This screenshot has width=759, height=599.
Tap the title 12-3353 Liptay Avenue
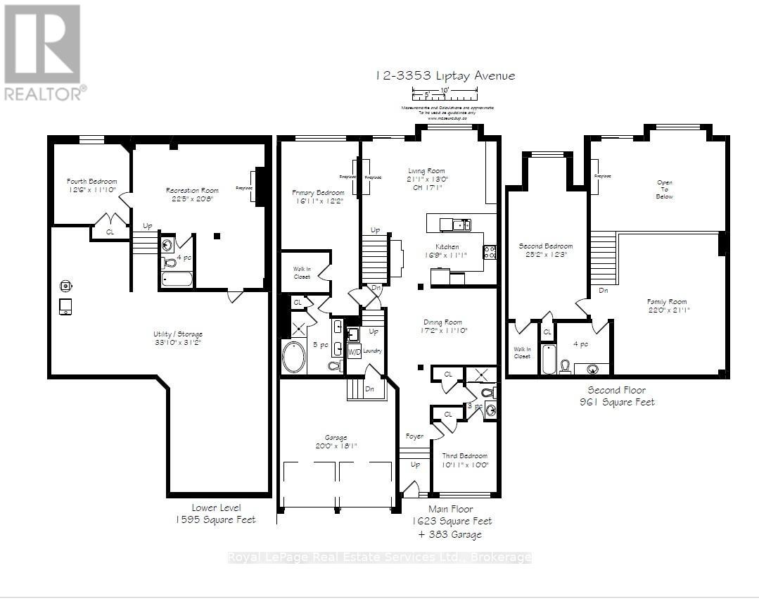[445, 75]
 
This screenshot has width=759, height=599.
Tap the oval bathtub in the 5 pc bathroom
[294, 357]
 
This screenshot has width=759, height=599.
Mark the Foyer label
[415, 436]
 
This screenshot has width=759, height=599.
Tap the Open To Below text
[665, 189]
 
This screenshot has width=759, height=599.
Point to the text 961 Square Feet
[617, 402]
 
